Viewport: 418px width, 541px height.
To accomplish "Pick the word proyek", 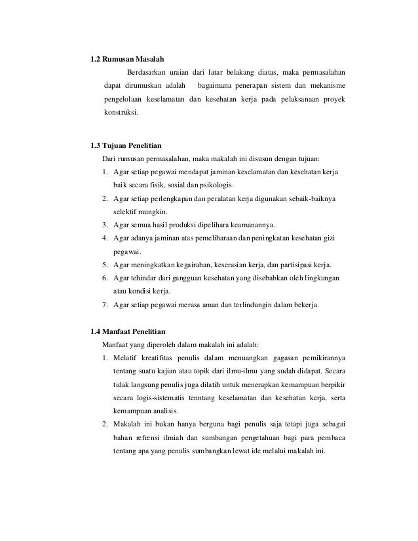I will click(x=335, y=100).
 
